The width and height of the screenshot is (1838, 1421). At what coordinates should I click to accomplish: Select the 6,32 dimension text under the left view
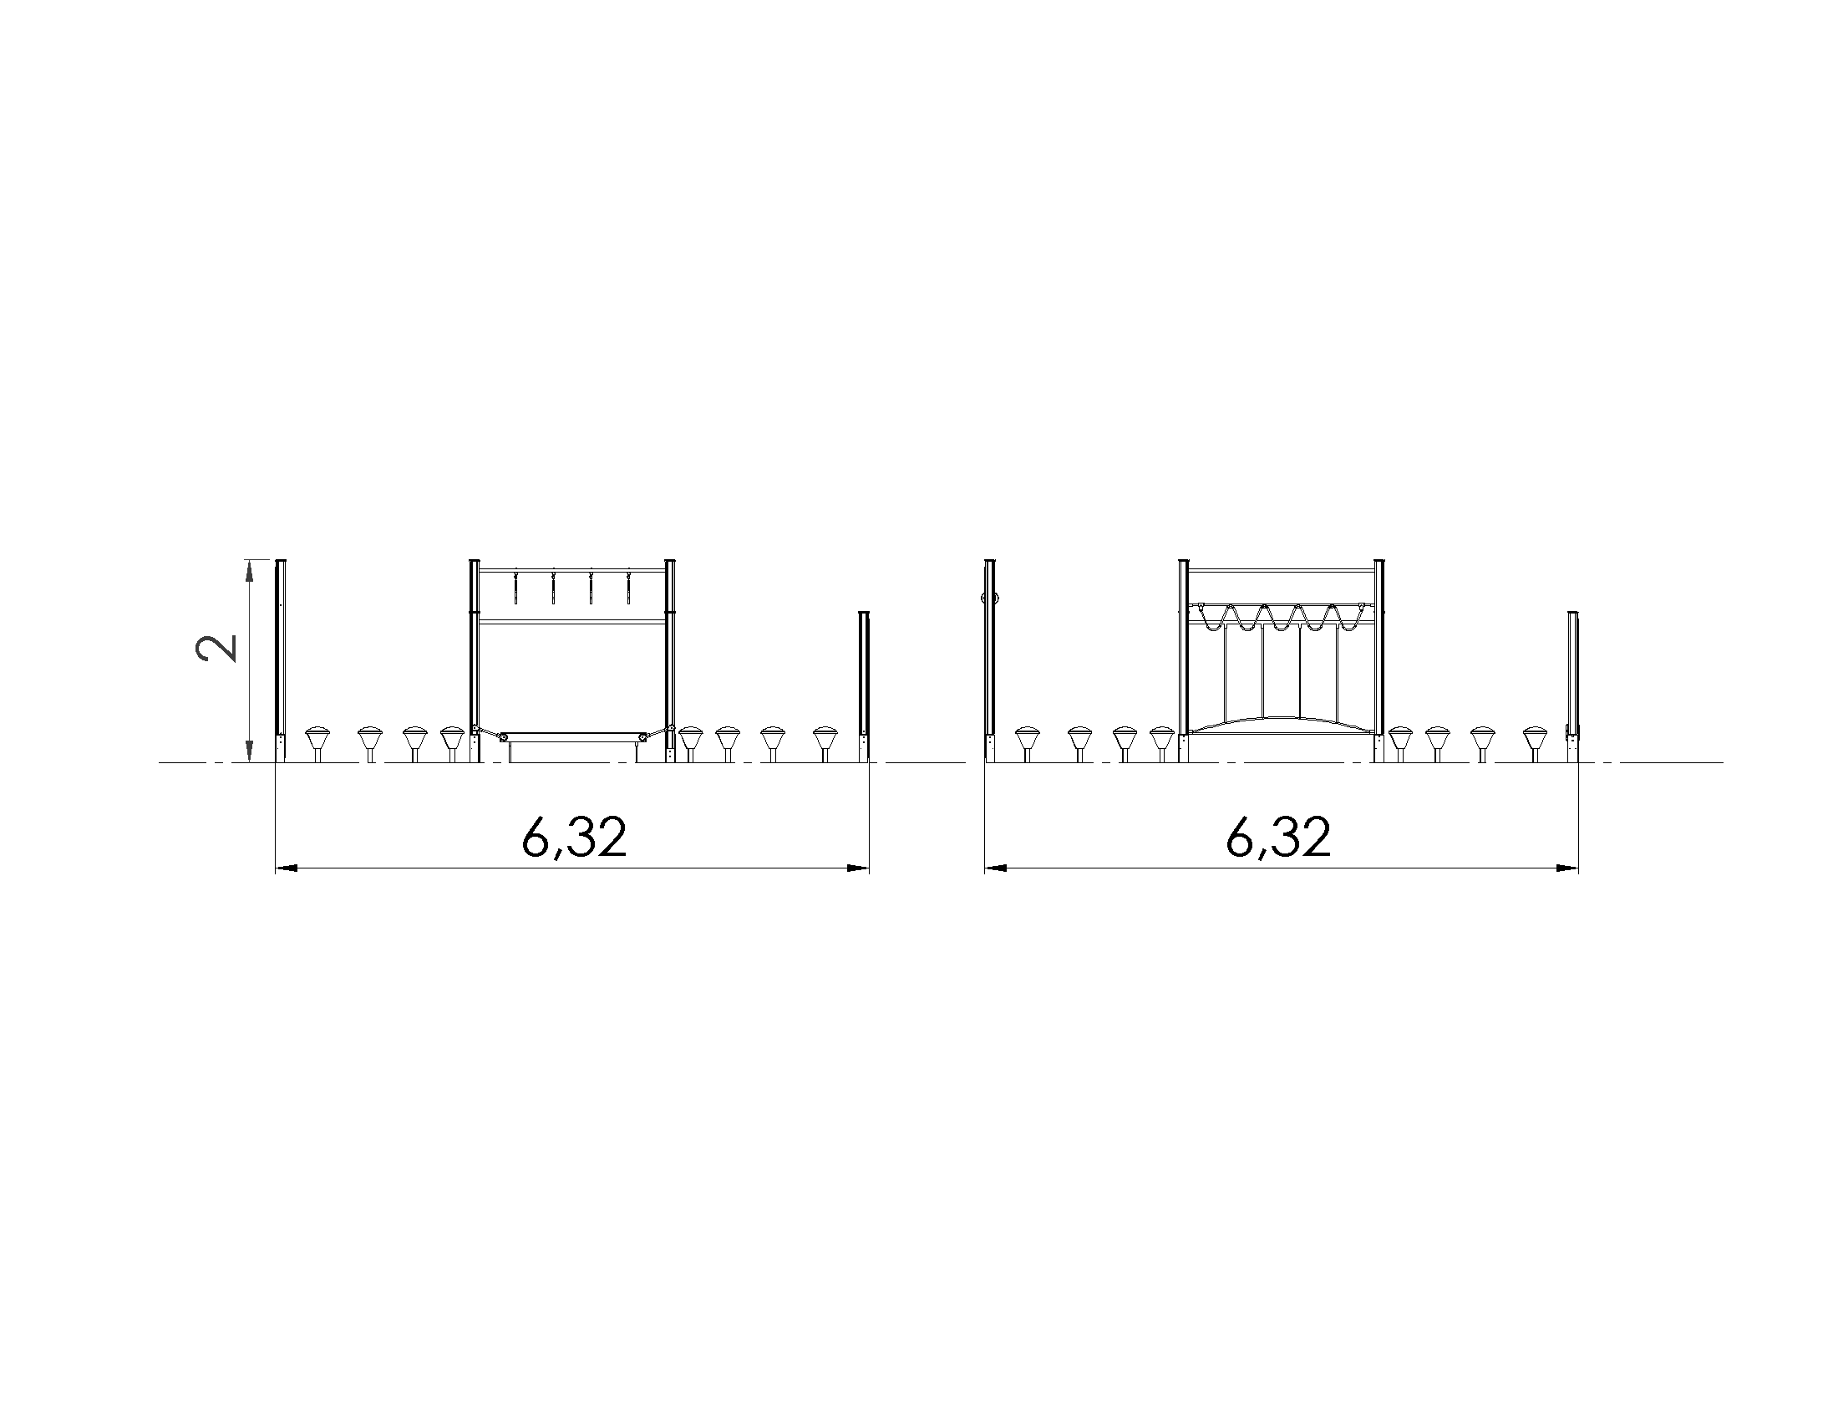pyautogui.click(x=574, y=838)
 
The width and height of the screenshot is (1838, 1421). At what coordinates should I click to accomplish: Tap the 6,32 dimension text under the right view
pyautogui.click(x=1278, y=838)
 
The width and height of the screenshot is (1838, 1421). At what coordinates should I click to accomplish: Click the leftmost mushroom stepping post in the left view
pyautogui.click(x=317, y=744)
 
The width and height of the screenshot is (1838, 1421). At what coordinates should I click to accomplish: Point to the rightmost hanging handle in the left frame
pyautogui.click(x=627, y=588)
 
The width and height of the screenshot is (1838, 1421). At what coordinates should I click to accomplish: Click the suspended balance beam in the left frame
pyautogui.click(x=572, y=736)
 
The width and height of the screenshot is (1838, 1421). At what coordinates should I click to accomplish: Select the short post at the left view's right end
pyautogui.click(x=864, y=687)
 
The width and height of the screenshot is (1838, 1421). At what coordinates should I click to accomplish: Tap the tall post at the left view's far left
pyautogui.click(x=282, y=661)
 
